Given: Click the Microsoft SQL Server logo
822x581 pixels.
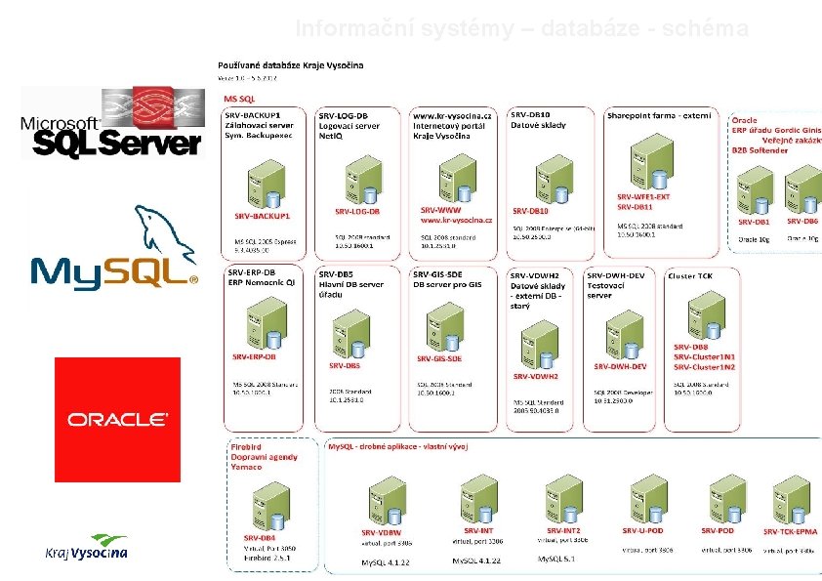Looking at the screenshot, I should [x=111, y=123].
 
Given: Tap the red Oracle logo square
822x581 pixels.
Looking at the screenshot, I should [x=117, y=419].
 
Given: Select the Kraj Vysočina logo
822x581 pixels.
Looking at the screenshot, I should [x=87, y=548].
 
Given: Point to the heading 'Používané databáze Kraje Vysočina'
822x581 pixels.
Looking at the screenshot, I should [x=290, y=65].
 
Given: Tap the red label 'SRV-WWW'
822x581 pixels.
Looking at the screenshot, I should [x=440, y=210].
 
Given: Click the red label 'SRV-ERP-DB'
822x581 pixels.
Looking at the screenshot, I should [x=255, y=357].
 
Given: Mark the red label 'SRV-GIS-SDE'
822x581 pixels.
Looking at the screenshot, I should [x=439, y=358].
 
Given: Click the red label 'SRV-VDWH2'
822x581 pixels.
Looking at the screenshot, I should [x=535, y=376].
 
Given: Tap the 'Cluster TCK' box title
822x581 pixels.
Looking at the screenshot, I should [x=690, y=276].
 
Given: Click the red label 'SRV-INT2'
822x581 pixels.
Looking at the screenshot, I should [x=564, y=530].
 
